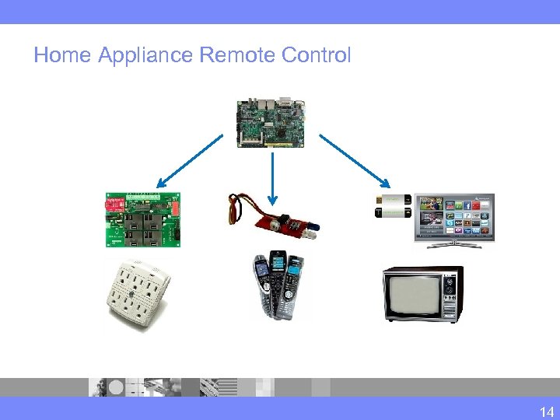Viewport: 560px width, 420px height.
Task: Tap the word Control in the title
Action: pyautogui.click(x=314, y=56)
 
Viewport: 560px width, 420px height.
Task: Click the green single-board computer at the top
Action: pyautogui.click(x=270, y=122)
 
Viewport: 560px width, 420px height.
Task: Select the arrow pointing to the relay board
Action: pyautogui.click(x=190, y=159)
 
